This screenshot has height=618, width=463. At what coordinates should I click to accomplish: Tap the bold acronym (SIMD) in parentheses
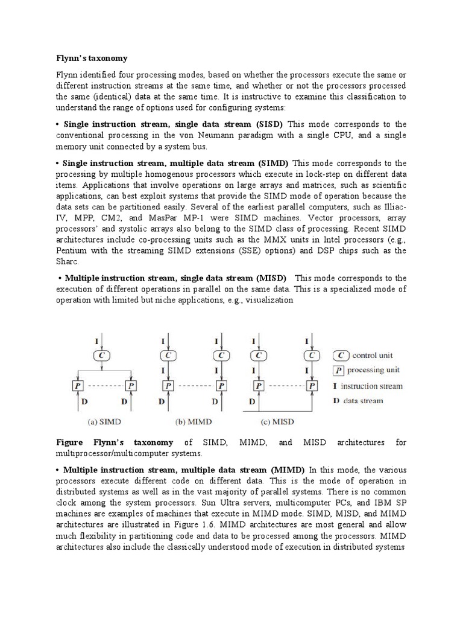(x=273, y=163)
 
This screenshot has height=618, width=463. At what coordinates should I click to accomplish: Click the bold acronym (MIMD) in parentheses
(x=288, y=470)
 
